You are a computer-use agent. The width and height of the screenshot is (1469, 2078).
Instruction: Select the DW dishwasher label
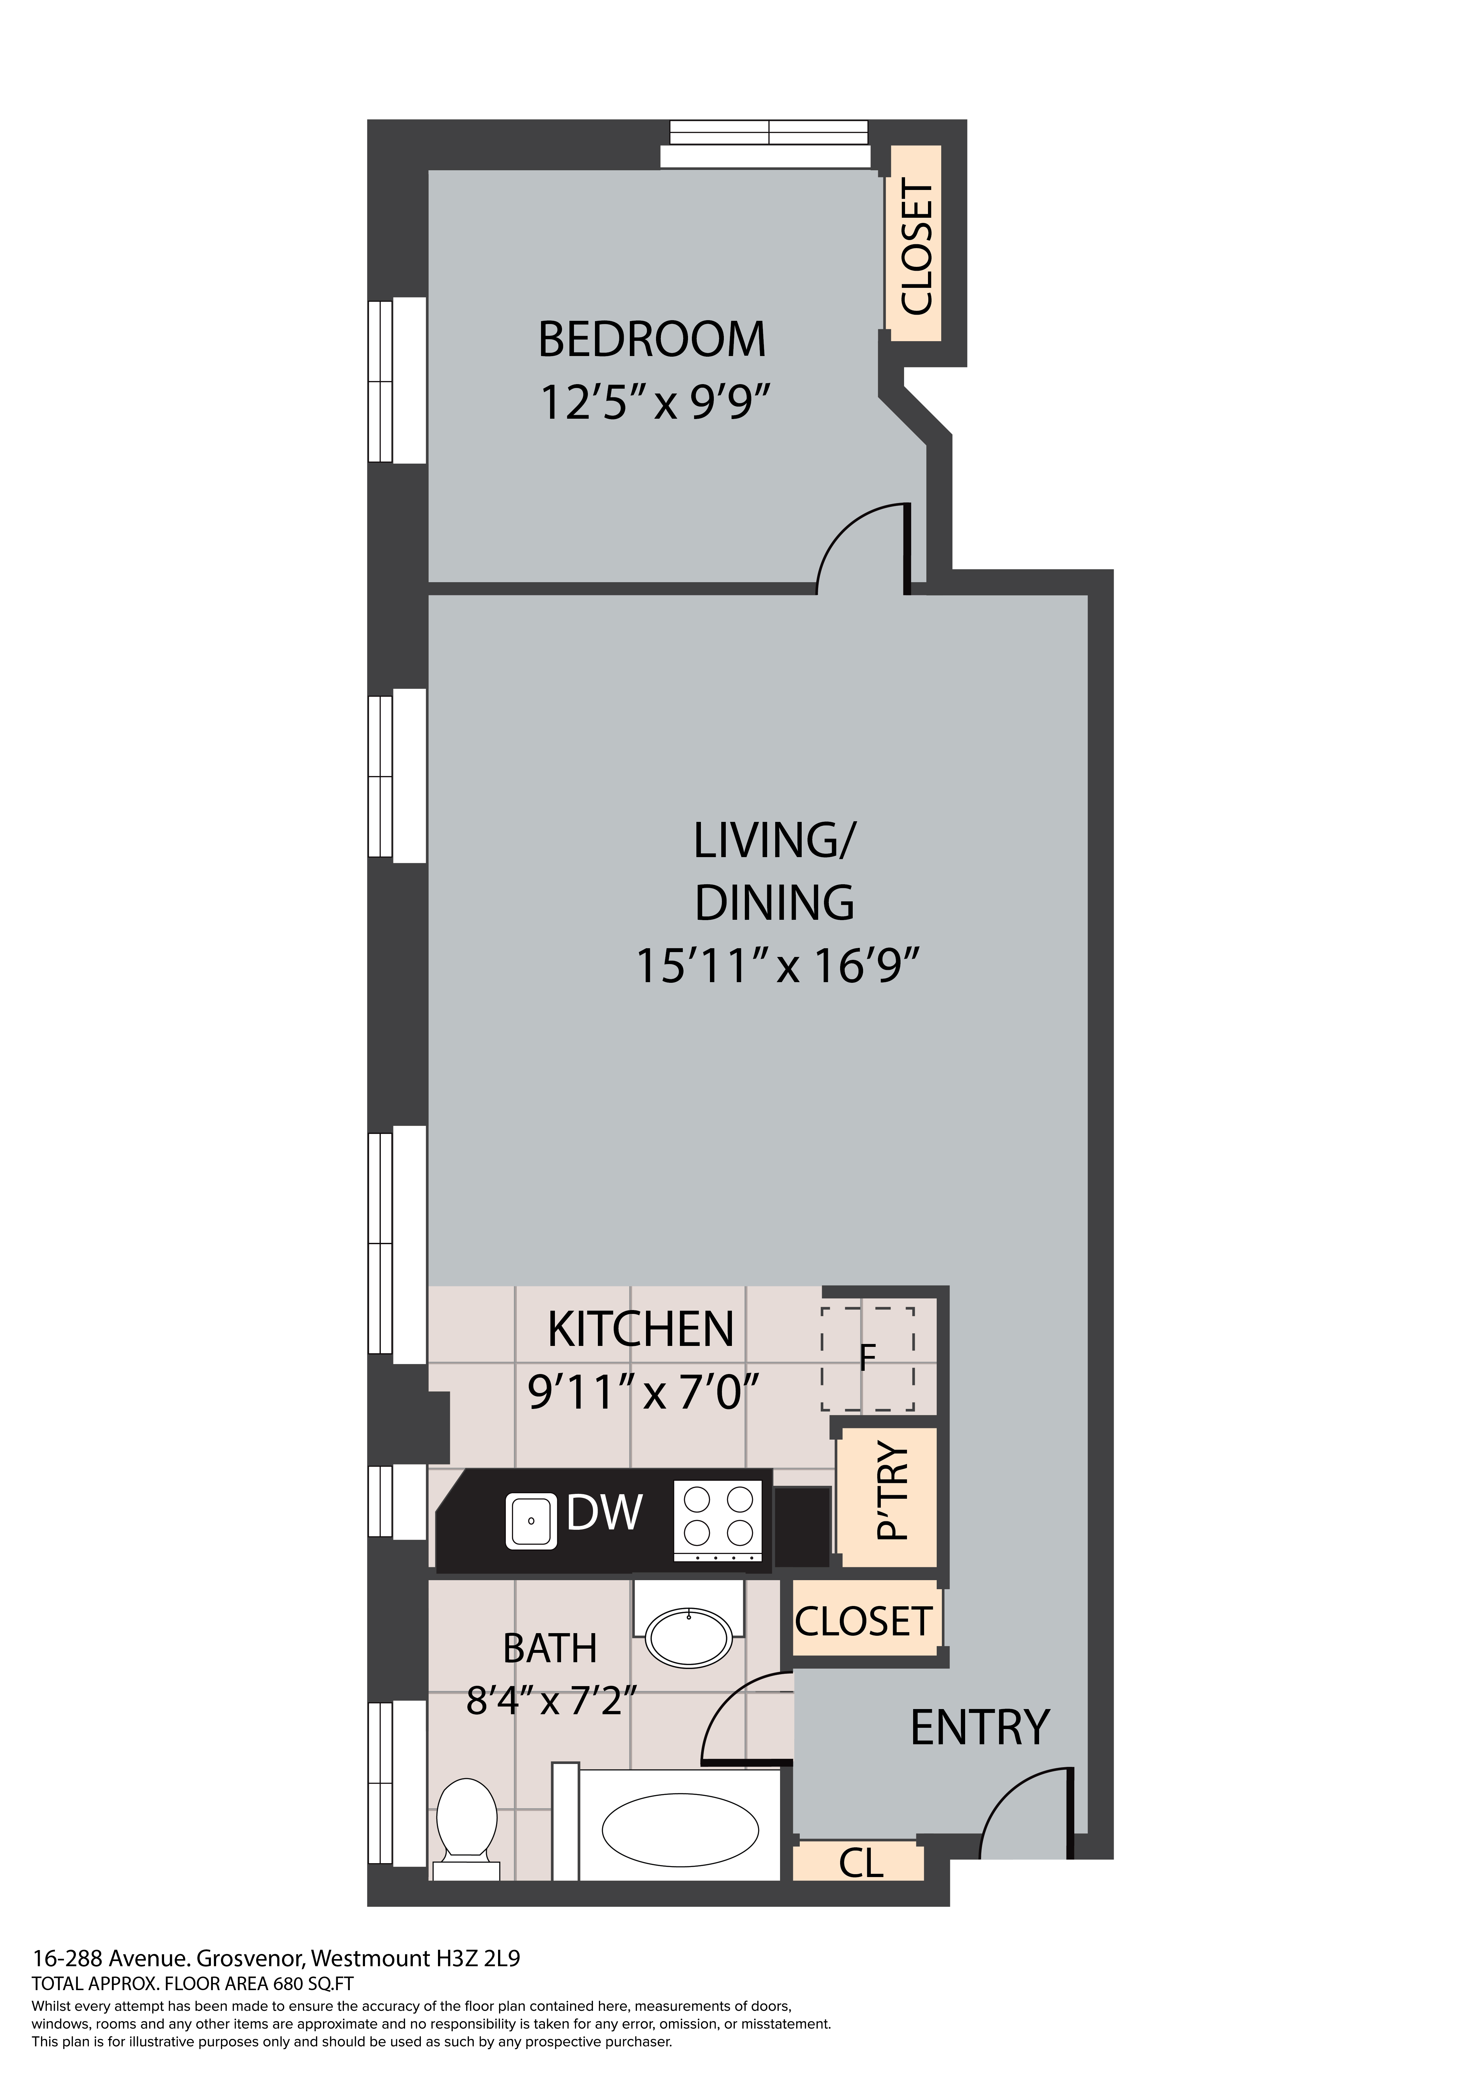point(605,1512)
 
